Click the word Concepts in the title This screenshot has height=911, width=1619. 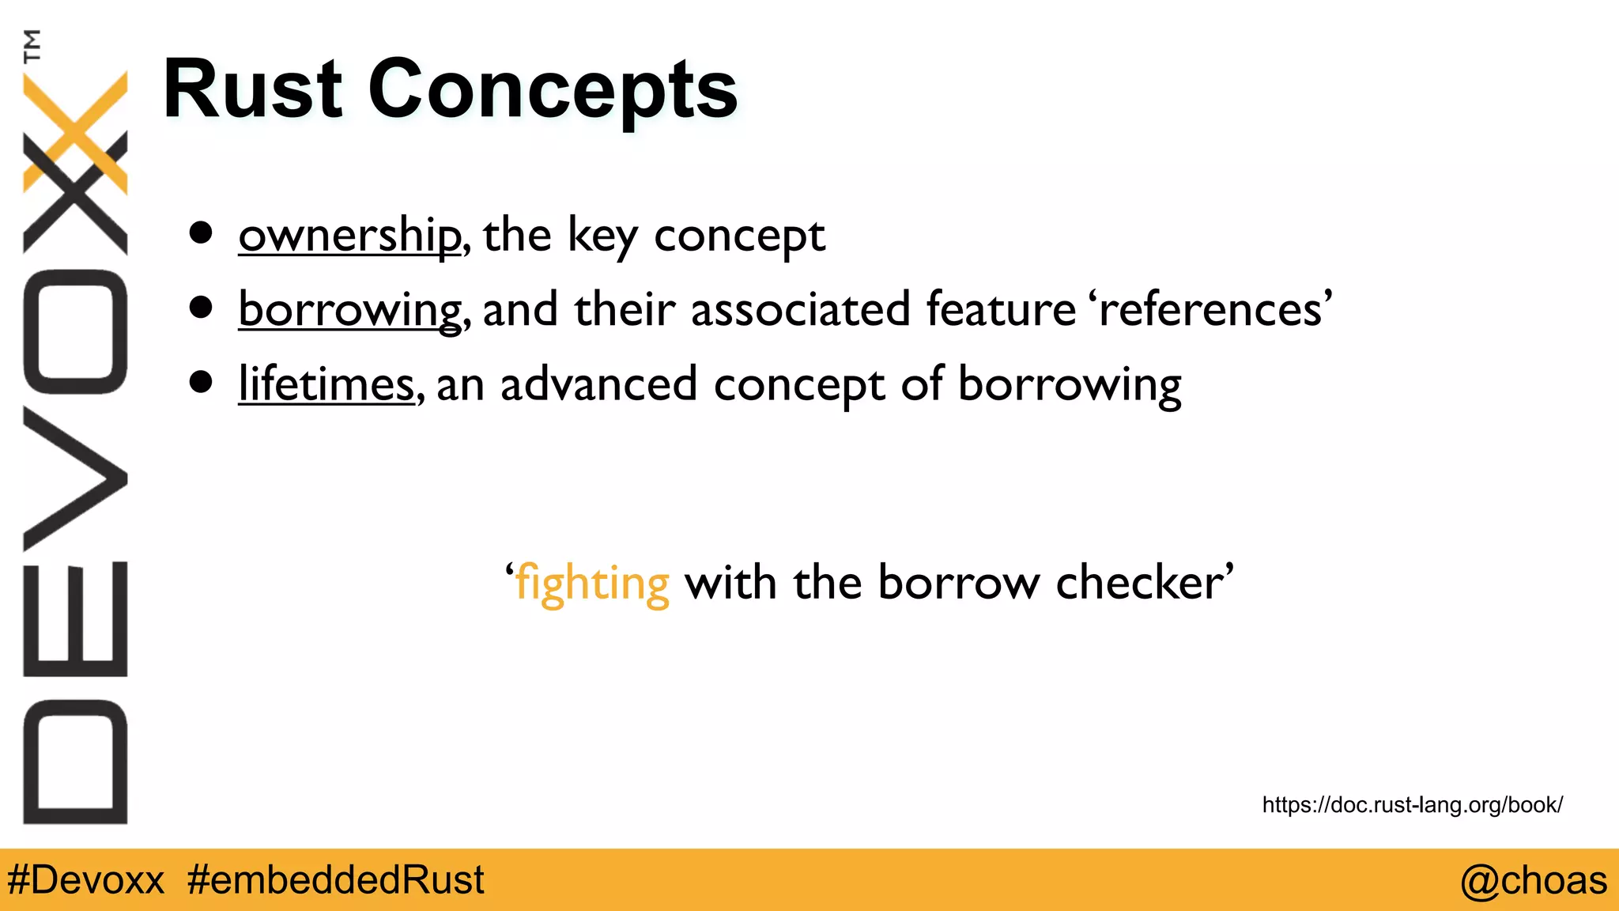click(553, 89)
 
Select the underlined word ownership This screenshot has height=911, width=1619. click(349, 235)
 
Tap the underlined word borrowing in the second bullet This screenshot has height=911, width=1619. click(349, 309)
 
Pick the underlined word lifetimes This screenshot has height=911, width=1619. click(326, 384)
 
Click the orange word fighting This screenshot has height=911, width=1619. click(592, 584)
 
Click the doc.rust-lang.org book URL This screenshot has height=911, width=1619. click(1412, 805)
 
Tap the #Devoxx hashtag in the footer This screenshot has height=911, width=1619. click(85, 880)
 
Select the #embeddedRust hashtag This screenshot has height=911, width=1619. click(336, 880)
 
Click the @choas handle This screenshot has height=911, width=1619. click(1533, 880)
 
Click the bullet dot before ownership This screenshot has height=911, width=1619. click(201, 233)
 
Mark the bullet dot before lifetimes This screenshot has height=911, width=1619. click(201, 383)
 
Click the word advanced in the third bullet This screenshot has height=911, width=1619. click(598, 384)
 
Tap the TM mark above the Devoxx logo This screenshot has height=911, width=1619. click(32, 46)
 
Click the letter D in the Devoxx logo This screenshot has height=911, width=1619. click(75, 762)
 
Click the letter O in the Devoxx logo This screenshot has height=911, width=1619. click(75, 332)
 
